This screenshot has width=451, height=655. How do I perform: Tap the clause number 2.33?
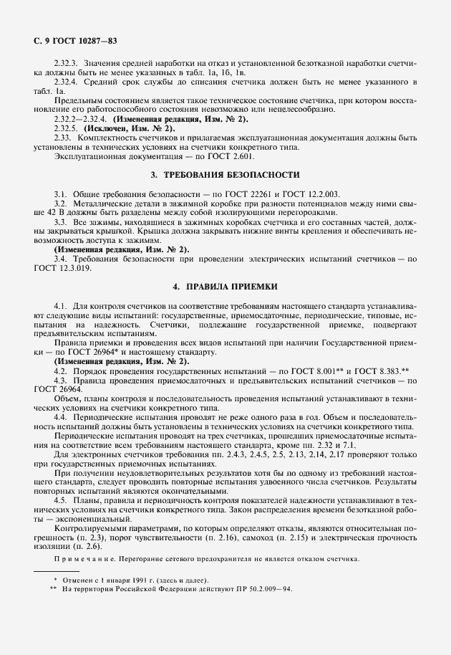click(x=62, y=137)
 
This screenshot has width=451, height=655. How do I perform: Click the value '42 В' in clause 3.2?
click(x=44, y=213)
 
